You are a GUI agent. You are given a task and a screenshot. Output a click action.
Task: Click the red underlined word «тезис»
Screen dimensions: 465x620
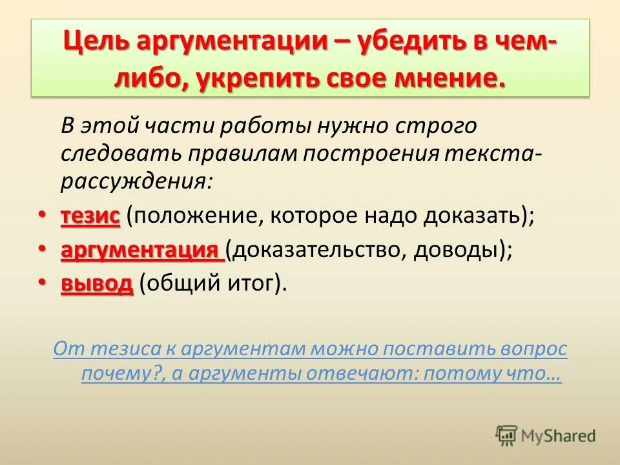(90, 216)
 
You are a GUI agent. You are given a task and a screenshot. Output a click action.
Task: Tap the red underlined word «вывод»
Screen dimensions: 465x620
(96, 284)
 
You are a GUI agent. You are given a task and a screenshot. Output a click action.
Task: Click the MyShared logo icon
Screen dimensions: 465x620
(507, 435)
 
